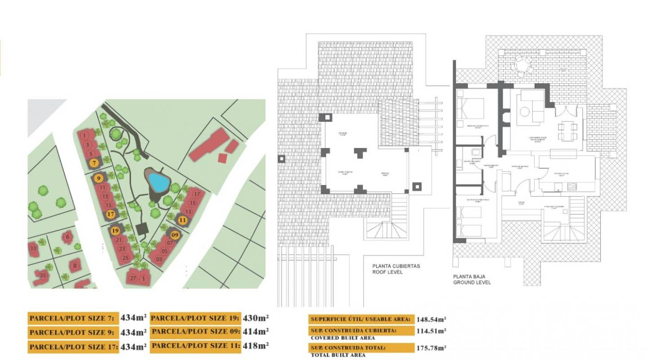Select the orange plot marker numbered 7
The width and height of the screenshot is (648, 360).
(94, 163)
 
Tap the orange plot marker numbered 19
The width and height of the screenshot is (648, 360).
(115, 231)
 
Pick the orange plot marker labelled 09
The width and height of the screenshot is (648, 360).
(175, 234)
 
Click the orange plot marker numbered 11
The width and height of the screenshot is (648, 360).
(183, 220)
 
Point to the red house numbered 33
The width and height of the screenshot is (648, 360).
(33, 248)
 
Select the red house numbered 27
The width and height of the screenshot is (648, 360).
(133, 278)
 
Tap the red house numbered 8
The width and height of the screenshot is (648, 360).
(75, 265)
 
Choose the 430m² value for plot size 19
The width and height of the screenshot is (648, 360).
(256, 318)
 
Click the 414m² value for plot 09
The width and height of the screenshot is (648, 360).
(256, 332)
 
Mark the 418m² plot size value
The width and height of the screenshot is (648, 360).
(256, 346)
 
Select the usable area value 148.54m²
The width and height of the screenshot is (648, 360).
(431, 319)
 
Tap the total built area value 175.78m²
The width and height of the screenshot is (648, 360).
(431, 347)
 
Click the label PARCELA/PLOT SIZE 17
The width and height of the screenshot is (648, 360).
(73, 347)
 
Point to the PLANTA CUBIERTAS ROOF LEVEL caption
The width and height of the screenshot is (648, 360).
(396, 269)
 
